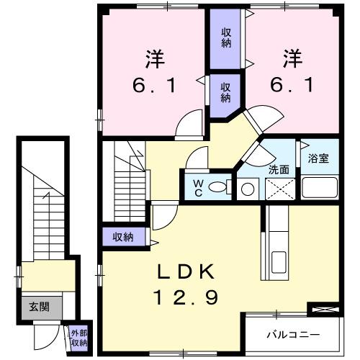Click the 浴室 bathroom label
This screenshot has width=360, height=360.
click(x=318, y=158)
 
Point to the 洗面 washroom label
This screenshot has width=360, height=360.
click(x=279, y=170)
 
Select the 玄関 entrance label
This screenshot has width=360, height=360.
click(x=39, y=307)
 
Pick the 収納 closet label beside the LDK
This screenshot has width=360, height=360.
click(x=122, y=236)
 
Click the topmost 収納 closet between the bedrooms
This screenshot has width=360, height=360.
click(x=226, y=37)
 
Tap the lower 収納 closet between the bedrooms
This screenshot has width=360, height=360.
click(x=226, y=91)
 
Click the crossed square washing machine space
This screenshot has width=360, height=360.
click(x=279, y=189)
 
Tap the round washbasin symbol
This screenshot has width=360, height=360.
click(x=247, y=189)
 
